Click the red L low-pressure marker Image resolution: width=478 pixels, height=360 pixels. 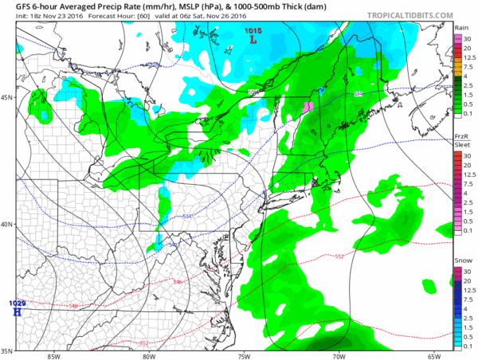point(253,39)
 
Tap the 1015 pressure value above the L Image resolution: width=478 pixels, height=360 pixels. point(253,29)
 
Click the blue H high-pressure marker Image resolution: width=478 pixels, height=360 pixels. point(16,312)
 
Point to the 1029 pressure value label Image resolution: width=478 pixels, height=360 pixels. point(17,303)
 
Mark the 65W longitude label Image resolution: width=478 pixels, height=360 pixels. point(433,355)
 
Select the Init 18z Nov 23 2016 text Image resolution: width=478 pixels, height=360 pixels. point(37,17)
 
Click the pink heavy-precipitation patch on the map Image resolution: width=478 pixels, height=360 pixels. point(307,107)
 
